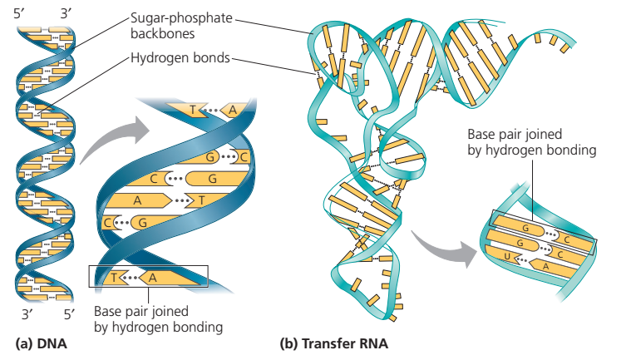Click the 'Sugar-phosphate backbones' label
tap(180, 26)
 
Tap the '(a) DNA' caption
tap(42, 343)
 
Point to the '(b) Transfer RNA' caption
tap(335, 343)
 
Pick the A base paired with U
tap(545, 266)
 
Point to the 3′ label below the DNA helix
tap(25, 314)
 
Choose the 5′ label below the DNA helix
tap(70, 314)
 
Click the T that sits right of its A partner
tap(200, 200)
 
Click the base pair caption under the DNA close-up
tap(158, 319)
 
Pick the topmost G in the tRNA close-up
tap(525, 225)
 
